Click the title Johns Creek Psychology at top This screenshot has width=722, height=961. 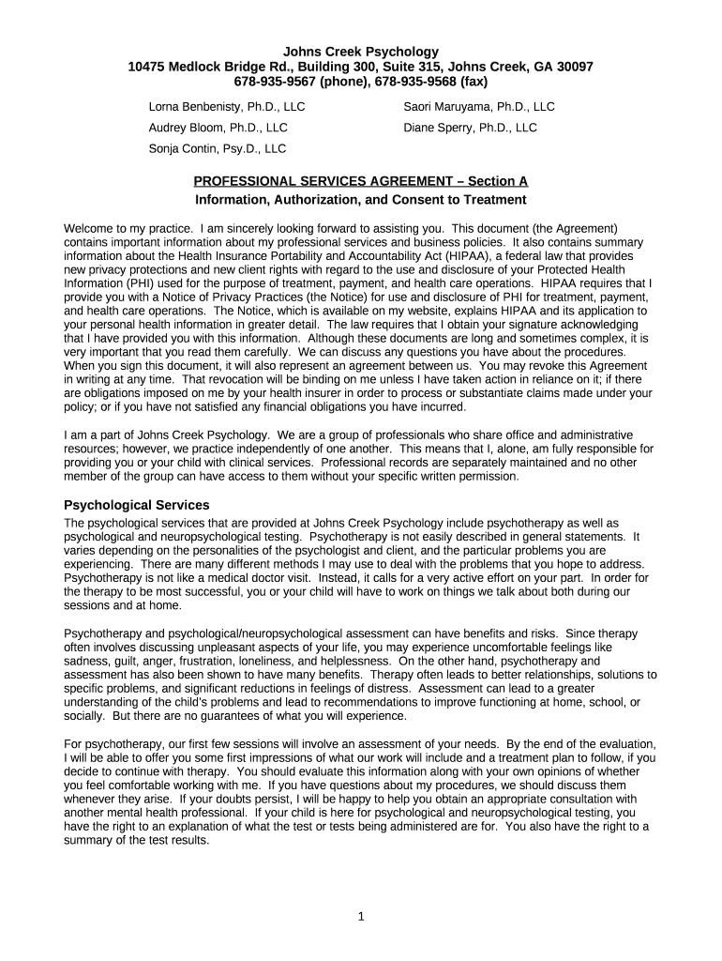coord(361,52)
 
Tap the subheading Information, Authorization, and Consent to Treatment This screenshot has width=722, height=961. coord(361,200)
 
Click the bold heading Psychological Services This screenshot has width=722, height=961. coord(136,505)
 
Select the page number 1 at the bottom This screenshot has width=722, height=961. coord(360,917)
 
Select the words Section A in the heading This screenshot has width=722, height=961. coord(498,181)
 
